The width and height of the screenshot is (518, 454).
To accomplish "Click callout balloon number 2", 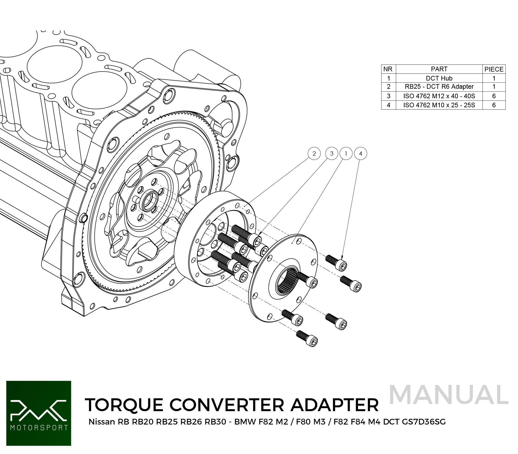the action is pyautogui.click(x=314, y=153).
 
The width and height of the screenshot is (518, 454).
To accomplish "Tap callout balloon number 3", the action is pyautogui.click(x=332, y=153).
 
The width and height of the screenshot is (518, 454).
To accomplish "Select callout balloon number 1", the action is pyautogui.click(x=346, y=153).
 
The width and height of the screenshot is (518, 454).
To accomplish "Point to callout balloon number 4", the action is pyautogui.click(x=360, y=153).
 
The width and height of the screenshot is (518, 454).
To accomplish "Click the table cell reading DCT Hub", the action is pyautogui.click(x=439, y=78).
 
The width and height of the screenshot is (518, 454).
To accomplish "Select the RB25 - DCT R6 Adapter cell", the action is pyautogui.click(x=439, y=87).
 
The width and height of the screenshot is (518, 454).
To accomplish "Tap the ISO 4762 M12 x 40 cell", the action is pyautogui.click(x=439, y=96).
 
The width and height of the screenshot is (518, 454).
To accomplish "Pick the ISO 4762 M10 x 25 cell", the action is pyautogui.click(x=439, y=105).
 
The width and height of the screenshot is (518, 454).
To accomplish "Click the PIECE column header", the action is pyautogui.click(x=494, y=69).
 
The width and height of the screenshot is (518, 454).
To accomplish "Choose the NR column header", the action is pyautogui.click(x=388, y=69).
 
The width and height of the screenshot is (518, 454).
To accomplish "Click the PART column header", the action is pyautogui.click(x=439, y=69).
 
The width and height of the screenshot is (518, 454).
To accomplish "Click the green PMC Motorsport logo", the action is pyautogui.click(x=39, y=413).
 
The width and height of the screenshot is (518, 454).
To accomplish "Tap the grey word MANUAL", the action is pyautogui.click(x=449, y=395).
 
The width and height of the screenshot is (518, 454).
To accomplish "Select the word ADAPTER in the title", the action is pyautogui.click(x=335, y=405).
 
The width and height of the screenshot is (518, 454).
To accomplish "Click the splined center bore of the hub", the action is pyautogui.click(x=287, y=281).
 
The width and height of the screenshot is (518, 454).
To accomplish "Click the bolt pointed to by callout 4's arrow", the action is pyautogui.click(x=336, y=262).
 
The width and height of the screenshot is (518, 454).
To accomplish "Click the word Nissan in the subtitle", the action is pyautogui.click(x=102, y=422).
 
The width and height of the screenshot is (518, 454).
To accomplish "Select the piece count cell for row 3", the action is pyautogui.click(x=494, y=96).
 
